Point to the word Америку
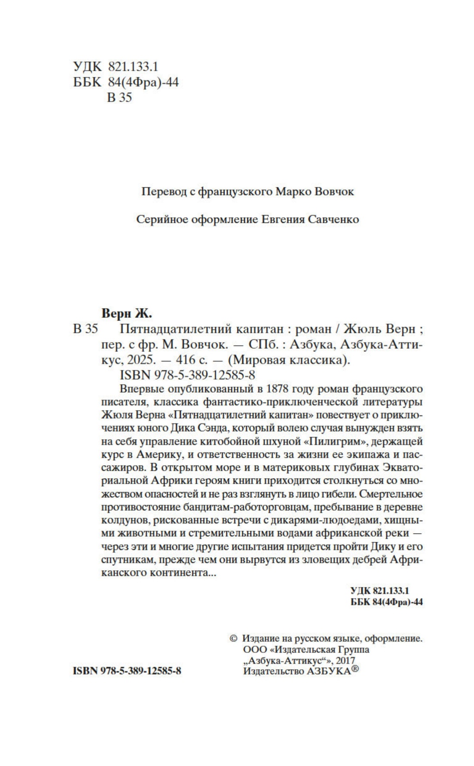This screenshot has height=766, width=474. pyautogui.click(x=165, y=455)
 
